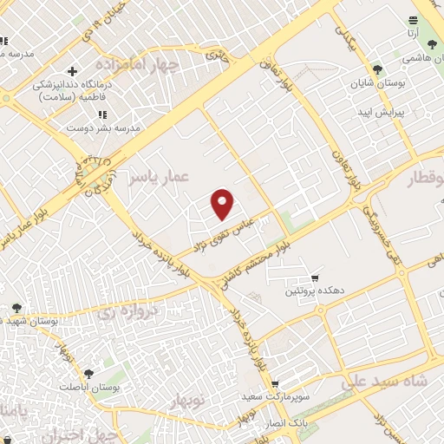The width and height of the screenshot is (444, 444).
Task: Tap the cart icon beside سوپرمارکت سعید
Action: (275, 384)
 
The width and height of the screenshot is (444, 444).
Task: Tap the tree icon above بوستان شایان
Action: (377, 69)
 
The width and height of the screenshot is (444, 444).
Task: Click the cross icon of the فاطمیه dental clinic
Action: (73, 70)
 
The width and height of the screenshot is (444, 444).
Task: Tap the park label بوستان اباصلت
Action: (86, 387)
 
